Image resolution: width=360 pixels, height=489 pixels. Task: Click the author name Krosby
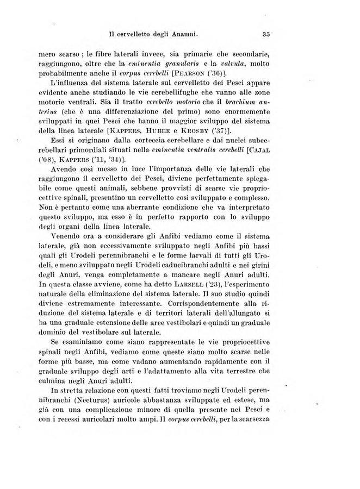point(222,130)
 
